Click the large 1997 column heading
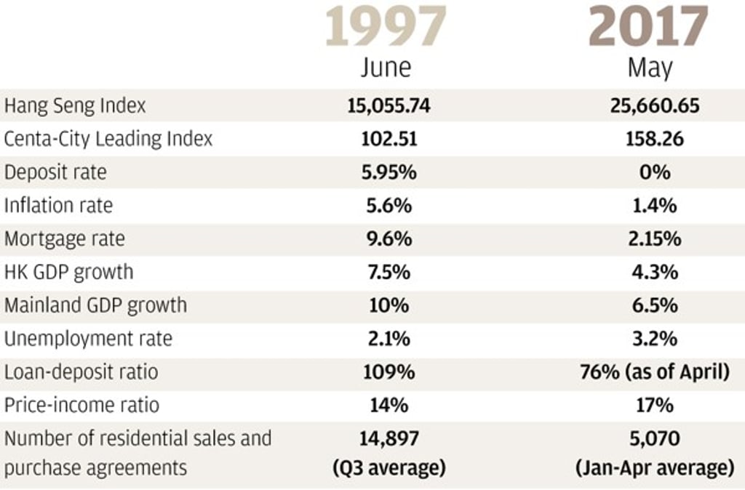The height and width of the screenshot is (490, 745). point(386,28)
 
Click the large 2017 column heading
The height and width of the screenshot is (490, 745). point(648,28)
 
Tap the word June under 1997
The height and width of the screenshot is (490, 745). point(386,68)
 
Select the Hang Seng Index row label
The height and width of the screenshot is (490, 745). point(75,105)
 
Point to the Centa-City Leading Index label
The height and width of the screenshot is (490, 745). point(108,139)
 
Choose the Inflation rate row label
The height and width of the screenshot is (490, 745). point(58,206)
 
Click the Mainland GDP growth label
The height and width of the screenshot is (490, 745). point(95,305)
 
